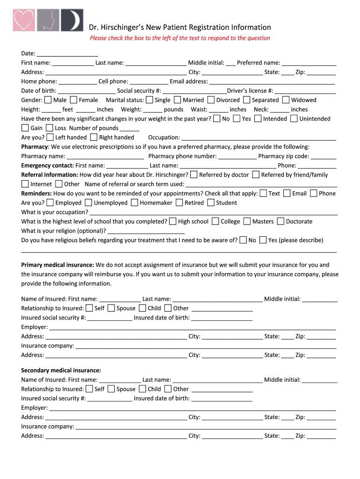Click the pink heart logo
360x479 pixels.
point(23,20)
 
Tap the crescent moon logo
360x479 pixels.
point(72,20)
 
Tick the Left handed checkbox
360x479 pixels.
point(50,137)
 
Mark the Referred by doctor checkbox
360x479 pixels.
point(194,174)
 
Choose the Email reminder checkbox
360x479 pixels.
point(287,193)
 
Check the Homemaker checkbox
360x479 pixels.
point(135,203)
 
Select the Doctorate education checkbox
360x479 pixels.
point(281,221)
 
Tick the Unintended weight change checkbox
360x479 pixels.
point(294,118)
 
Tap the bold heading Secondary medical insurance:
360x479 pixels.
point(61,370)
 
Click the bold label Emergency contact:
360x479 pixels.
point(48,166)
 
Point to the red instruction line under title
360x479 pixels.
point(180,38)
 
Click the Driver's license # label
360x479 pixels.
point(250,91)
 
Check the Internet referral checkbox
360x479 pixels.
point(25,184)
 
